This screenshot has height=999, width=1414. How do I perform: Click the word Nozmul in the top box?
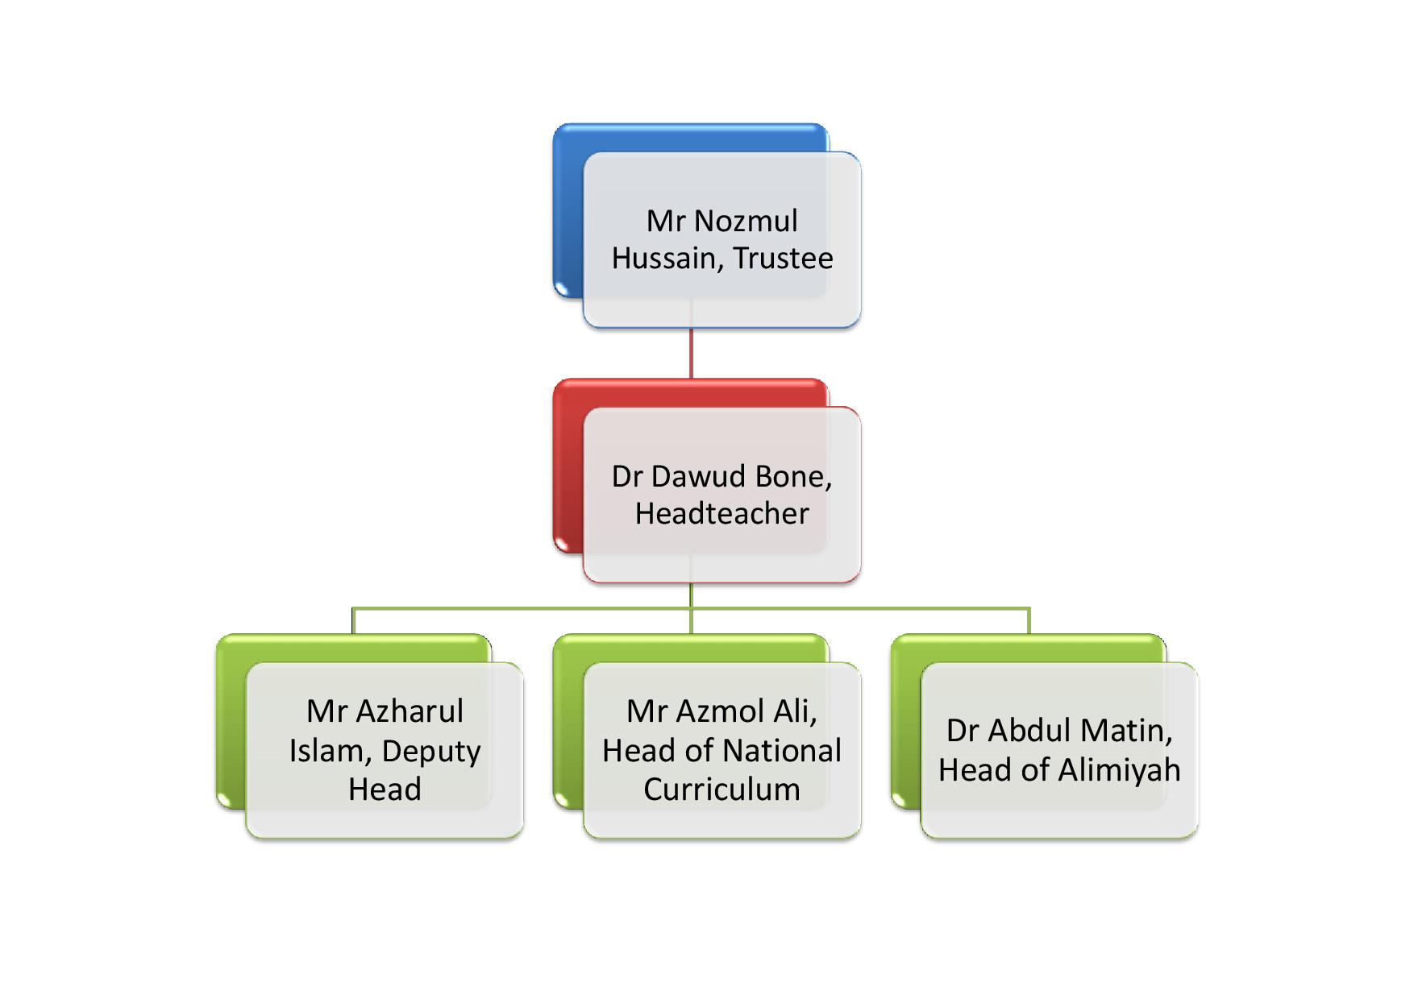(746, 221)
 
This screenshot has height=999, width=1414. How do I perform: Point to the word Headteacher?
(722, 513)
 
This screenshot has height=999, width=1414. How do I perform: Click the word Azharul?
(410, 711)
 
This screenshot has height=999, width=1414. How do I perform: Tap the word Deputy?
(431, 752)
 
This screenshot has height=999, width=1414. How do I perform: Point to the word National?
(783, 750)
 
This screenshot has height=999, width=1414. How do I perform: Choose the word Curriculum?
(722, 789)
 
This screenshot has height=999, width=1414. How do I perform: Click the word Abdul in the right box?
(1030, 730)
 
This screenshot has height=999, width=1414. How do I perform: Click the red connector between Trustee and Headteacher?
(691, 353)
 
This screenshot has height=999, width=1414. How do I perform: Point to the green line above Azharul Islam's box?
(353, 621)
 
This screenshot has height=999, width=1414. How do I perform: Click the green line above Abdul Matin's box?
(1029, 621)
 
